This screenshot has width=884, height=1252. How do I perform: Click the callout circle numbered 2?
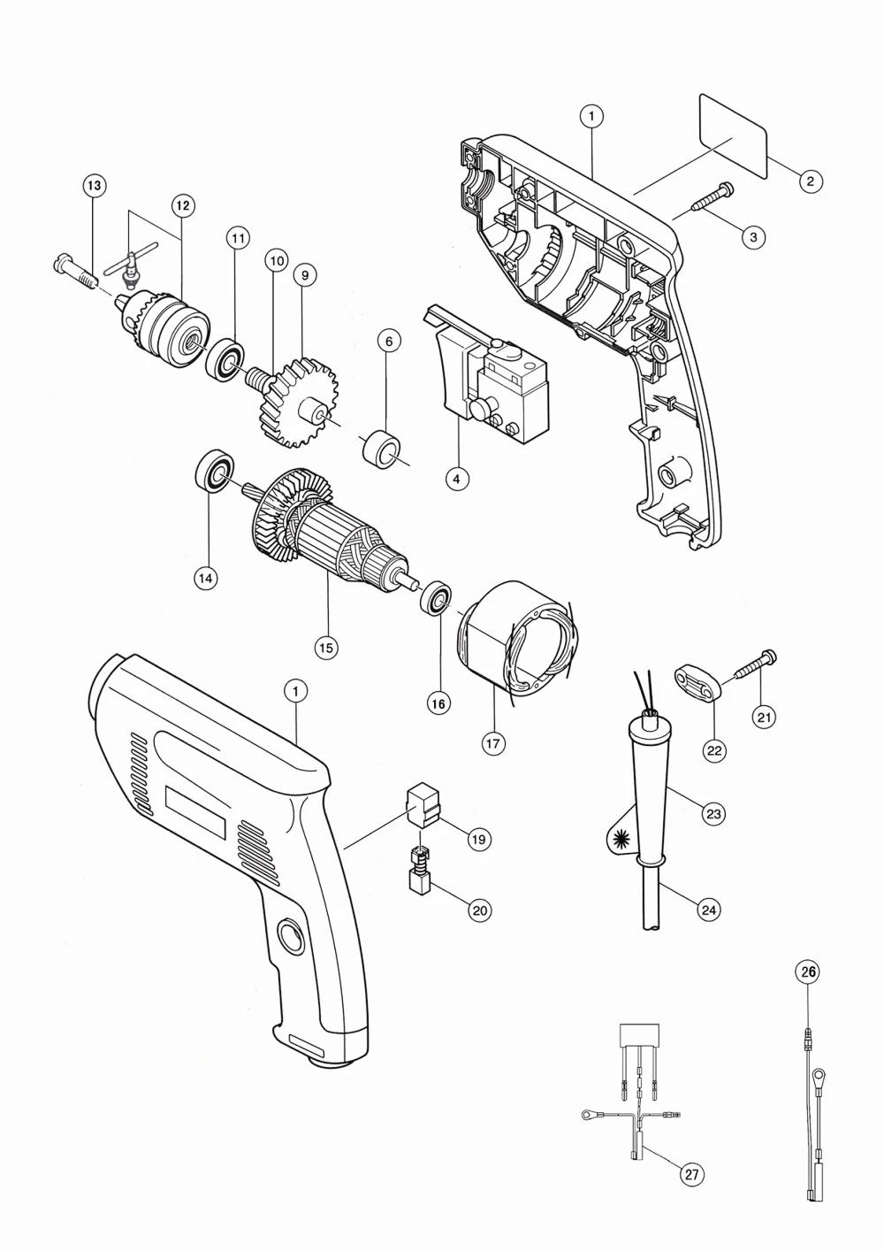811,181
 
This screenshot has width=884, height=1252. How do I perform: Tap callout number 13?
95,185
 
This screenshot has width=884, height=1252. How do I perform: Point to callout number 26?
808,972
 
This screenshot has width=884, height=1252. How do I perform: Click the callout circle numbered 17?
493,744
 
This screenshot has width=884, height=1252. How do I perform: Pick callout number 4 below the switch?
457,479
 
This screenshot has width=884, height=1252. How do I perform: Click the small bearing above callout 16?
436,599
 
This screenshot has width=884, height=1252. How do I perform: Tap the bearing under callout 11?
225,360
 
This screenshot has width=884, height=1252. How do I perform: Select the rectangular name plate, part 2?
733,136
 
